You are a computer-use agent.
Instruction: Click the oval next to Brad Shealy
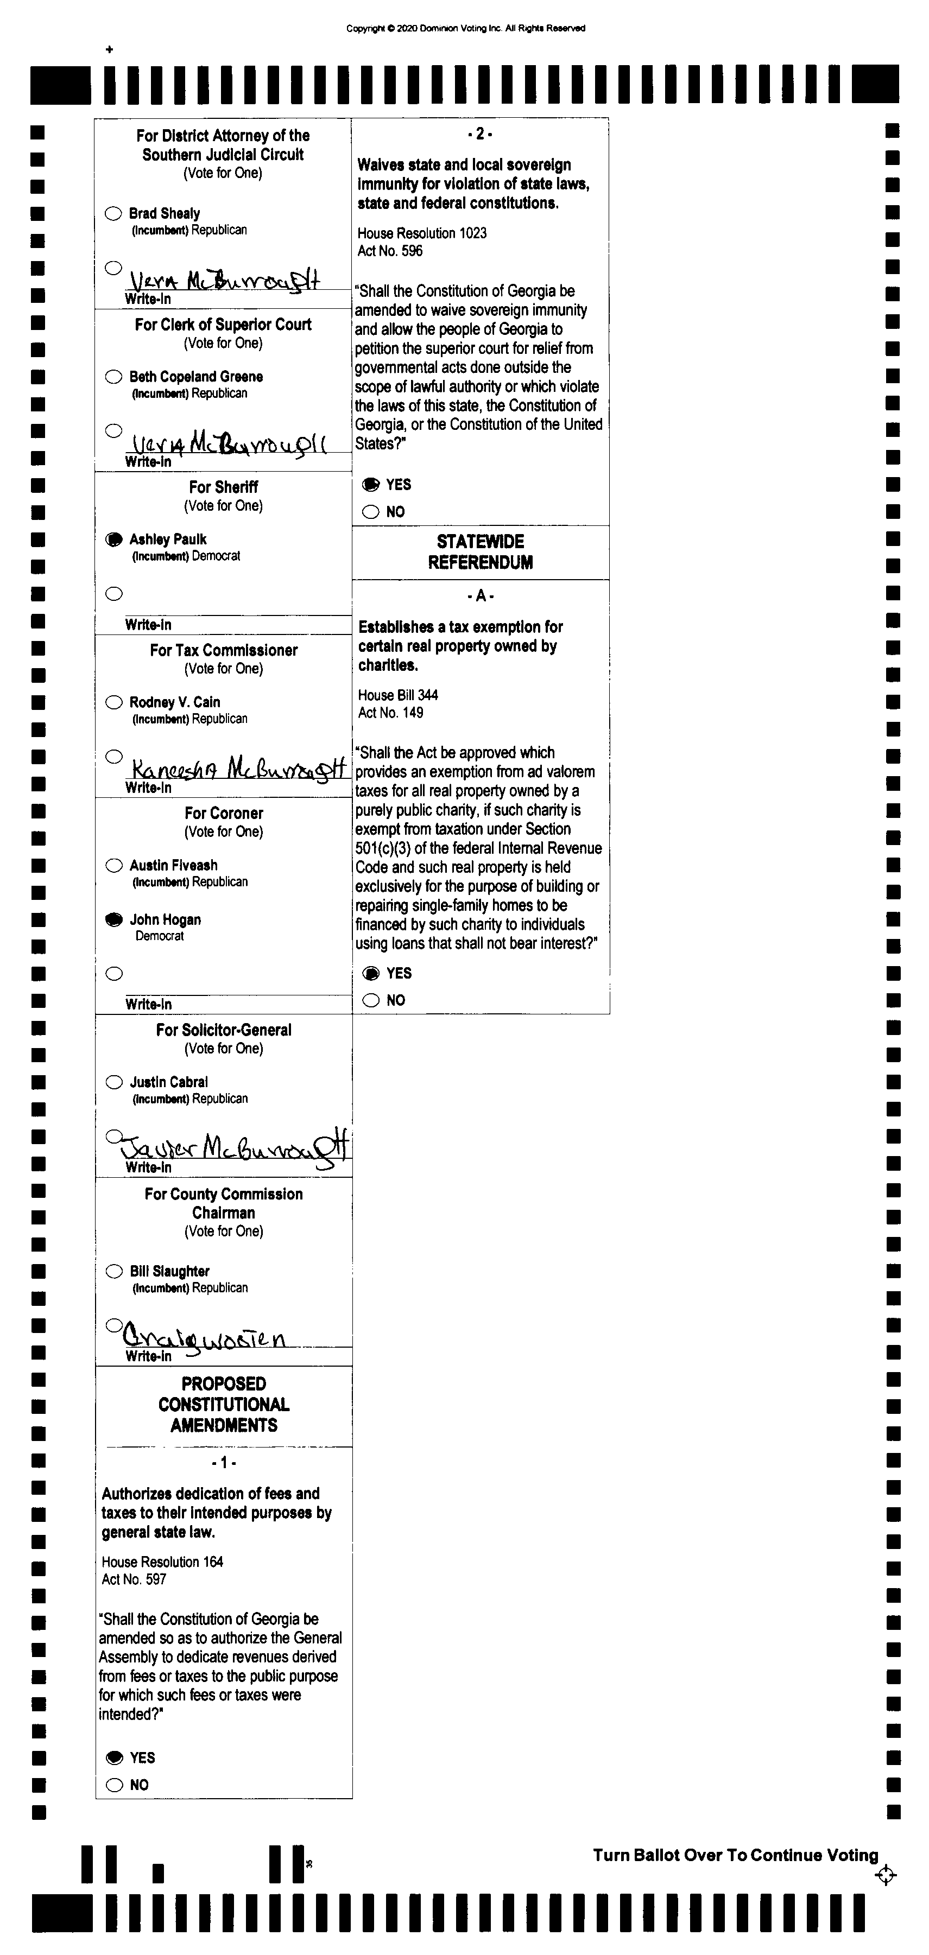click(113, 213)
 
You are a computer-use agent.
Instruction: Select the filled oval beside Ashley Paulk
click(113, 539)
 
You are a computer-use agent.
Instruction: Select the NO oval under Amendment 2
click(370, 511)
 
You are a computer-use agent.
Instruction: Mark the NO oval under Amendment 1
click(115, 1785)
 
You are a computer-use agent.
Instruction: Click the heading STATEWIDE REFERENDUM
click(481, 552)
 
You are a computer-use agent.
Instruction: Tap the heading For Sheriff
click(223, 487)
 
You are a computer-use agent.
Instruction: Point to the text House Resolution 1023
click(422, 233)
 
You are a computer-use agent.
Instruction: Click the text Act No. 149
click(390, 713)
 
